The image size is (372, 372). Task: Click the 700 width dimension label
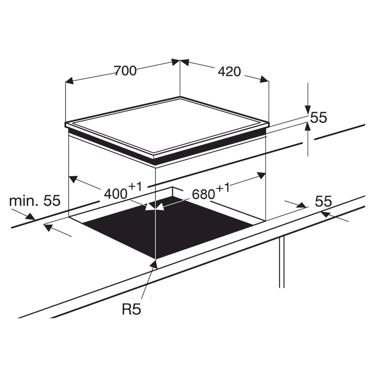(125, 71)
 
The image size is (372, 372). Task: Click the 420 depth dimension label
(229, 72)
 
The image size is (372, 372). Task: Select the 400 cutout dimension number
(116, 194)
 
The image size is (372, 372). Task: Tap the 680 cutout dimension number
(203, 194)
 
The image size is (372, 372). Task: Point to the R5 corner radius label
(131, 309)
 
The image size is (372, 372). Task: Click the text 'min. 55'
(35, 201)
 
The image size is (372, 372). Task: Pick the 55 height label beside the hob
(319, 117)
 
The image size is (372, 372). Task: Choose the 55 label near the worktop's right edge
(323, 201)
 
